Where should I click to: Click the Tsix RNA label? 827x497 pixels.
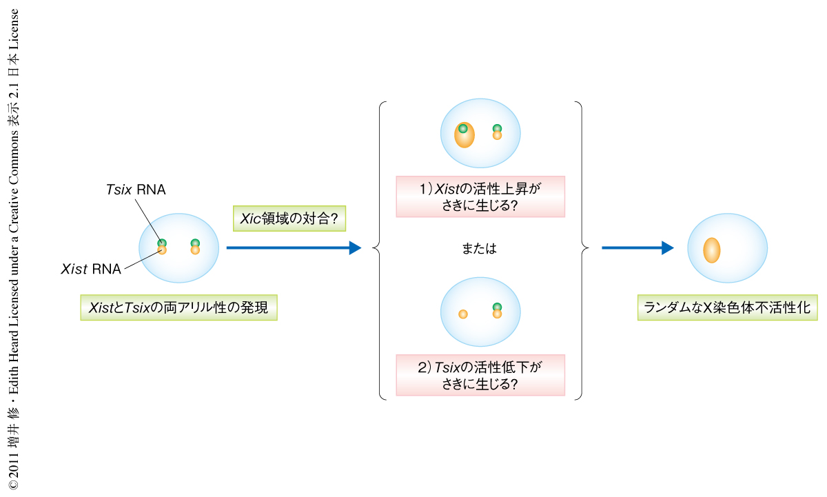coord(136,190)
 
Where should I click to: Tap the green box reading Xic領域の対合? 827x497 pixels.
coord(289,219)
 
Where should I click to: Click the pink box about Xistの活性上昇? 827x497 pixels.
coord(480,196)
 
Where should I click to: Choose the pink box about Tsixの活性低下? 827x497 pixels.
coord(480,375)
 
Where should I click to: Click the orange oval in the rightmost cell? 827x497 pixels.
coord(712,250)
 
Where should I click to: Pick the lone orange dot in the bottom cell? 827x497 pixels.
coord(463,314)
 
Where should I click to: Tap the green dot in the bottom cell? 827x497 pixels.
coord(497,307)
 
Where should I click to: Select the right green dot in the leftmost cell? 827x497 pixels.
coord(195,243)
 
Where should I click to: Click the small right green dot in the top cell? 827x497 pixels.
coord(497,128)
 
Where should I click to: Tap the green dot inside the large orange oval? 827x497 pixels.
coord(463,128)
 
